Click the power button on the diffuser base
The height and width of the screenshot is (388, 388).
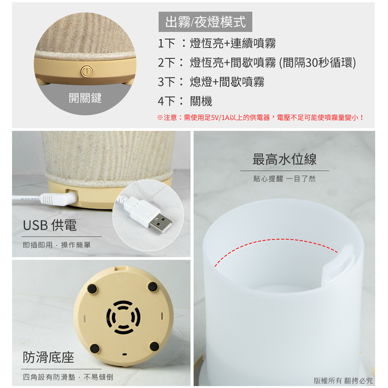87,71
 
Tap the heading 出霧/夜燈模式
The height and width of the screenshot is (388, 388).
205,22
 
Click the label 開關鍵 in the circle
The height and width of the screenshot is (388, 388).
85,98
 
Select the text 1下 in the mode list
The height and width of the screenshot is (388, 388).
166,43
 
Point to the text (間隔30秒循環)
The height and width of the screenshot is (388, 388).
317,62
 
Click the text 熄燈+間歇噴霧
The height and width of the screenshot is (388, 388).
227,82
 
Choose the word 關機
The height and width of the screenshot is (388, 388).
201,101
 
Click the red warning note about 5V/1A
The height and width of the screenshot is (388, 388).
260,117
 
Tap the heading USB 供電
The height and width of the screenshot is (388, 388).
50,225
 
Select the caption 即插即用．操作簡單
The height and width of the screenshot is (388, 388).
57,245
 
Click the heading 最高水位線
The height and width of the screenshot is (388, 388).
284,159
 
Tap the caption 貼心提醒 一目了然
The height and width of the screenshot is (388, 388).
284,178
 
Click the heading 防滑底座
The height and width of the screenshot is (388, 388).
48,357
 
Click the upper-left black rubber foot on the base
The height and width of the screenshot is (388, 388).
92,289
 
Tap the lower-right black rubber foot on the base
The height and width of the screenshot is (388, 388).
154,346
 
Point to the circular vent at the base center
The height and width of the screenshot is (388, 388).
123,317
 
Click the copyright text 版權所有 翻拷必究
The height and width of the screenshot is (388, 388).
343,380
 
